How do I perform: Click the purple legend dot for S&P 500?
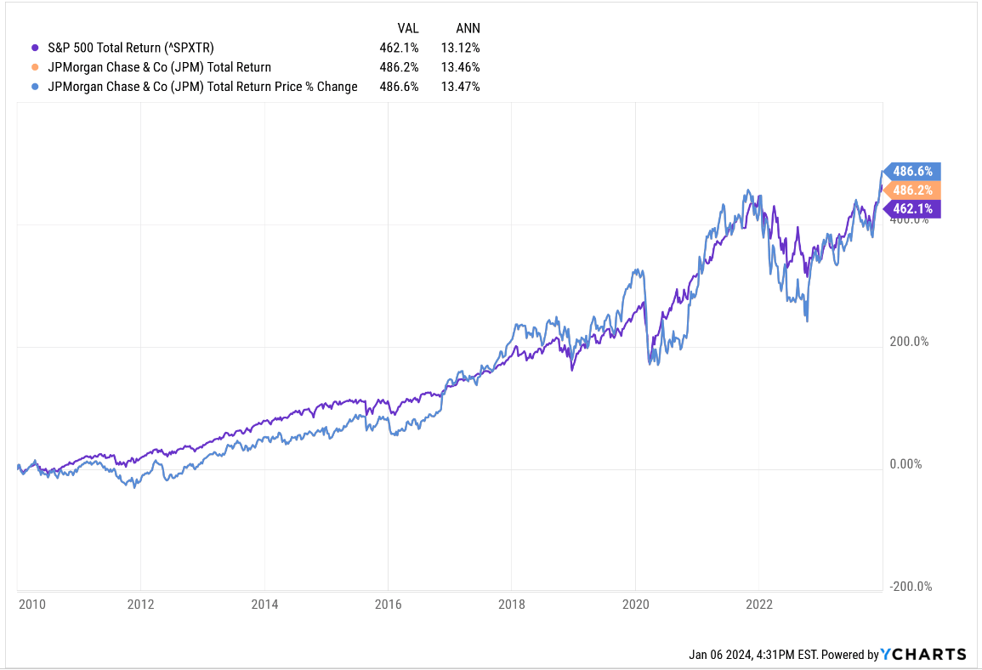[x=35, y=48]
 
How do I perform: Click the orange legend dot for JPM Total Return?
[x=35, y=67]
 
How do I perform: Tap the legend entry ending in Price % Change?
[x=202, y=87]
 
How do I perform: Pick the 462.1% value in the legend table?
[x=399, y=48]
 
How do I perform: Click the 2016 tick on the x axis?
[x=388, y=605]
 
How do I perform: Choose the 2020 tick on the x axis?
[x=635, y=605]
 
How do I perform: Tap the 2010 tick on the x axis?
[x=31, y=605]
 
